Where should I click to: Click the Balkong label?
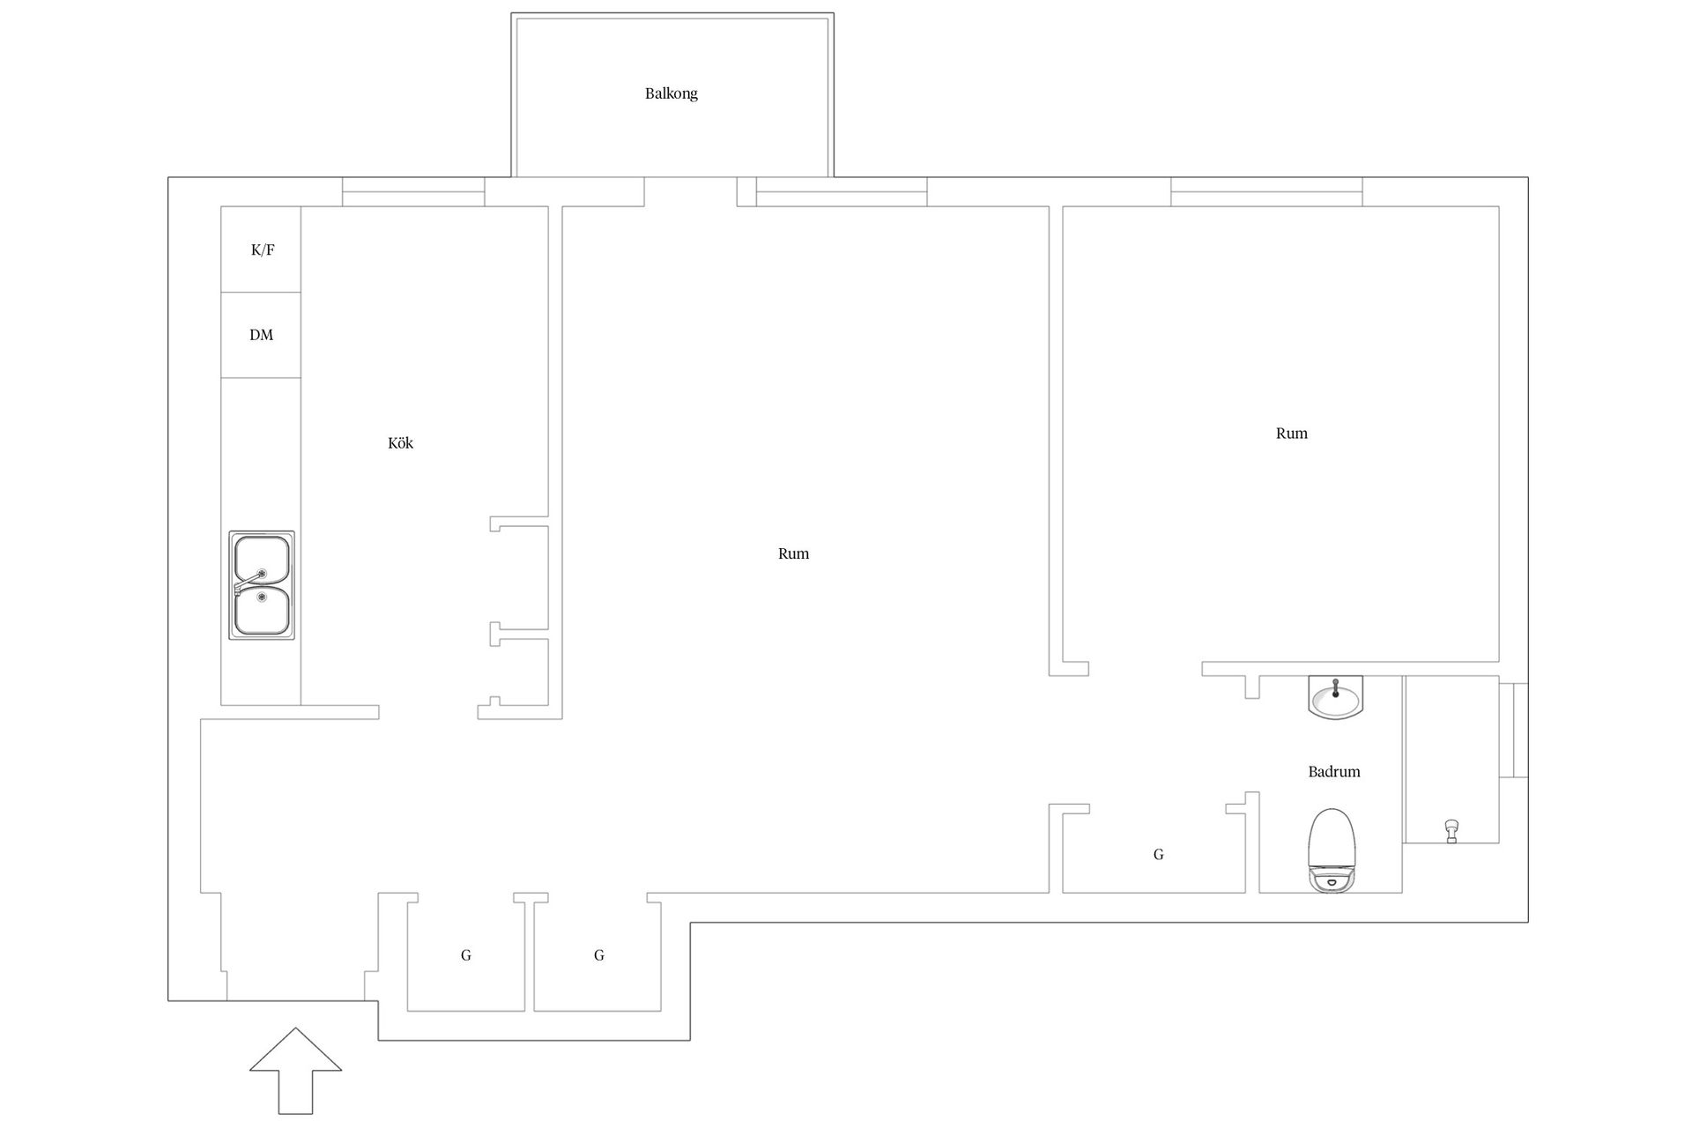(x=671, y=93)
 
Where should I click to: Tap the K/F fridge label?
(x=263, y=249)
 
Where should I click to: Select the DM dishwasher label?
(x=262, y=335)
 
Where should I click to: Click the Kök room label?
(x=400, y=442)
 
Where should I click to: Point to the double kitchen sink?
(x=262, y=585)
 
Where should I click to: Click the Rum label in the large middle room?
(x=793, y=553)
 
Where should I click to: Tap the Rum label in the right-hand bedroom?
(x=1292, y=433)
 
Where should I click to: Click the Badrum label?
(x=1334, y=772)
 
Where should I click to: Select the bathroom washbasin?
(x=1336, y=698)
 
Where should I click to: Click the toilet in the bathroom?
(x=1331, y=850)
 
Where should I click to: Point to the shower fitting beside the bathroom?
(x=1451, y=830)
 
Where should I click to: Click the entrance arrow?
(x=295, y=1070)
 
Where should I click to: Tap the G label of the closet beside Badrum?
(x=1158, y=854)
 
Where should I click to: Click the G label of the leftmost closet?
(x=465, y=954)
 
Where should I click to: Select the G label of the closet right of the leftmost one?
(x=598, y=954)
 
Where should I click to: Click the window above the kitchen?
(x=413, y=192)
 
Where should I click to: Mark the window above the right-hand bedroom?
(x=1266, y=192)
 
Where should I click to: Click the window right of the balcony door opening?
(x=842, y=192)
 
